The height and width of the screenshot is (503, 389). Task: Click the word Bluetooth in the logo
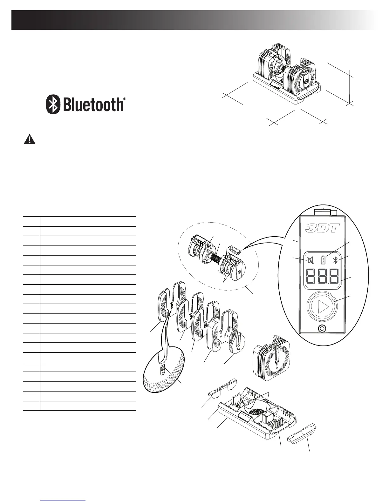click(x=93, y=104)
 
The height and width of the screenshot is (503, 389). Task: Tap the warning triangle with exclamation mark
click(x=30, y=140)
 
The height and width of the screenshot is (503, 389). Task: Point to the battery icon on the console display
click(x=323, y=260)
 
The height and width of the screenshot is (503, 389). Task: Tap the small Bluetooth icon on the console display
click(x=335, y=260)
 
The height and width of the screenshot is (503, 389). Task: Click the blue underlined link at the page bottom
click(x=63, y=500)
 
